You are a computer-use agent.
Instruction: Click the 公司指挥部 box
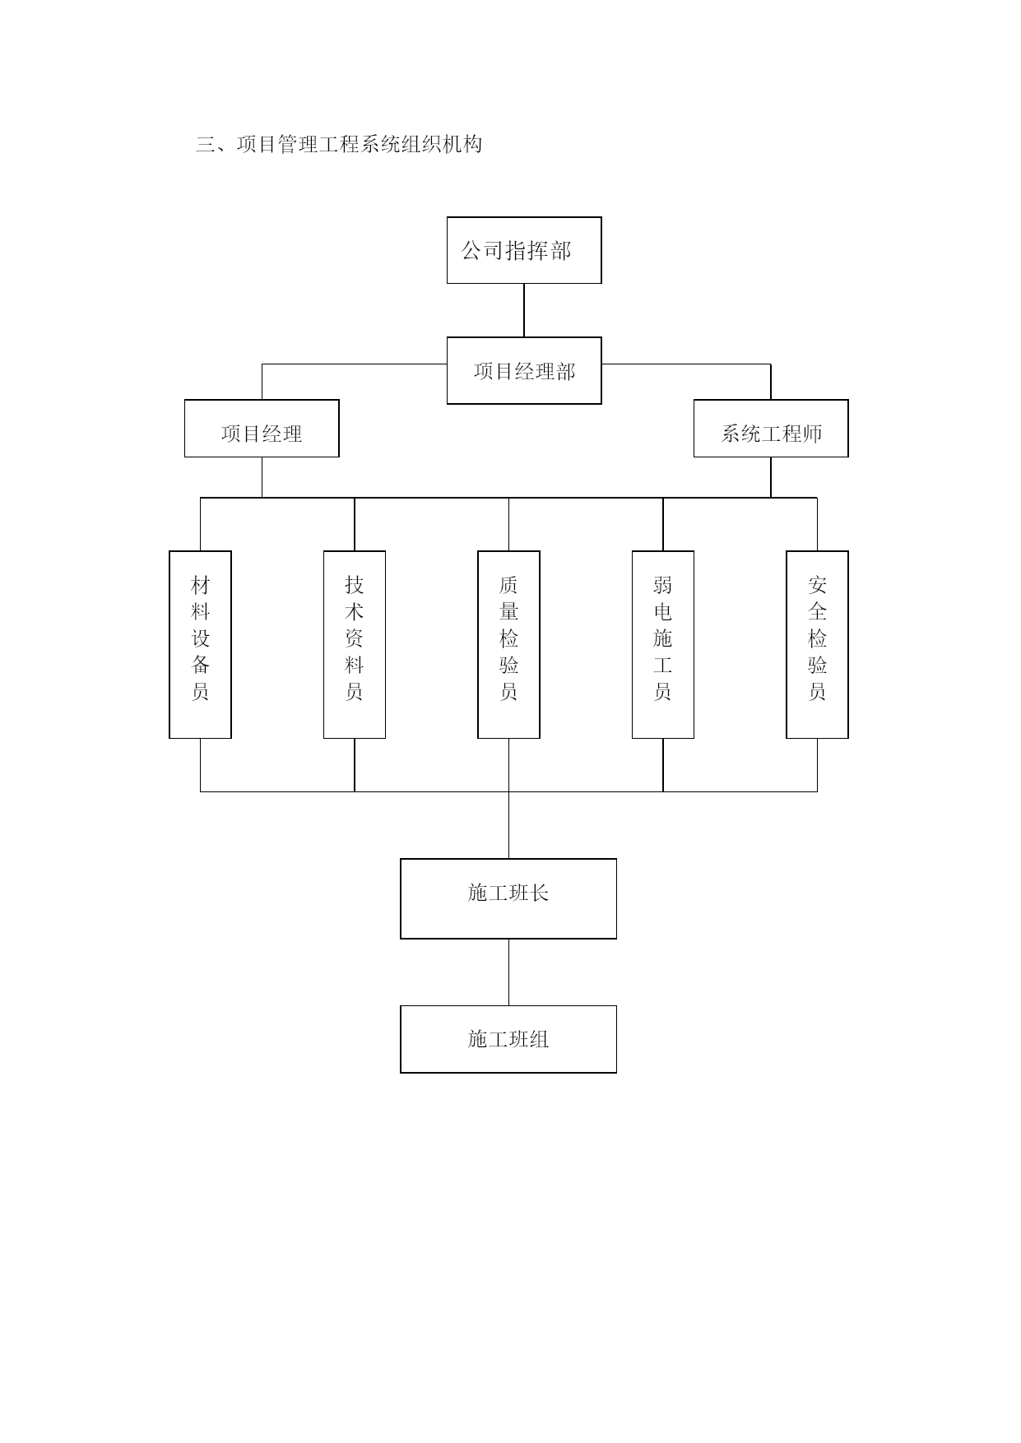pyautogui.click(x=524, y=250)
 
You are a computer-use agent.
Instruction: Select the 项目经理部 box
pyautogui.click(x=524, y=370)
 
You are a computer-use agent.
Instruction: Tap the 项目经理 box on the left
pyautogui.click(x=262, y=429)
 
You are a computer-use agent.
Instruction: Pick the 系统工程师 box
pyautogui.click(x=771, y=429)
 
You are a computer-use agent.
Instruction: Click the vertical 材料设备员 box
pyautogui.click(x=200, y=644)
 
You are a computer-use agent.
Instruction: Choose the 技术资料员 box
pyautogui.click(x=355, y=644)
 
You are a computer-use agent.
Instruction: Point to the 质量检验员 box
pyautogui.click(x=508, y=644)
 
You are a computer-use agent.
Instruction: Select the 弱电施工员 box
pyautogui.click(x=663, y=644)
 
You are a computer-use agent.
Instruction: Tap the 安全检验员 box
pyautogui.click(x=817, y=644)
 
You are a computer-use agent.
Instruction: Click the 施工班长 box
pyautogui.click(x=508, y=898)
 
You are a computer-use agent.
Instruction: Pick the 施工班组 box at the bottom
pyautogui.click(x=508, y=1039)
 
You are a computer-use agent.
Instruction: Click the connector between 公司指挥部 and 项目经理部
pyautogui.click(x=524, y=310)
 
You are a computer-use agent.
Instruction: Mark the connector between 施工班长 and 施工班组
pyautogui.click(x=508, y=972)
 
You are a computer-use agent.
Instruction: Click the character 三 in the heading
pyautogui.click(x=206, y=145)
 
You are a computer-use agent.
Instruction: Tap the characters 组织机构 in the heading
pyautogui.click(x=442, y=145)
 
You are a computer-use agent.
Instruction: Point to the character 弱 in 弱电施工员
pyautogui.click(x=663, y=585)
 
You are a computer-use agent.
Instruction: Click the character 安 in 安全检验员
pyautogui.click(x=817, y=585)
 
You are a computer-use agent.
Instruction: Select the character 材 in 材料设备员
pyautogui.click(x=200, y=585)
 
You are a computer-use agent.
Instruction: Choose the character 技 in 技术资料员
pyautogui.click(x=355, y=585)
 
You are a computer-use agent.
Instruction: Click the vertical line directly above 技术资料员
pyautogui.click(x=355, y=524)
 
